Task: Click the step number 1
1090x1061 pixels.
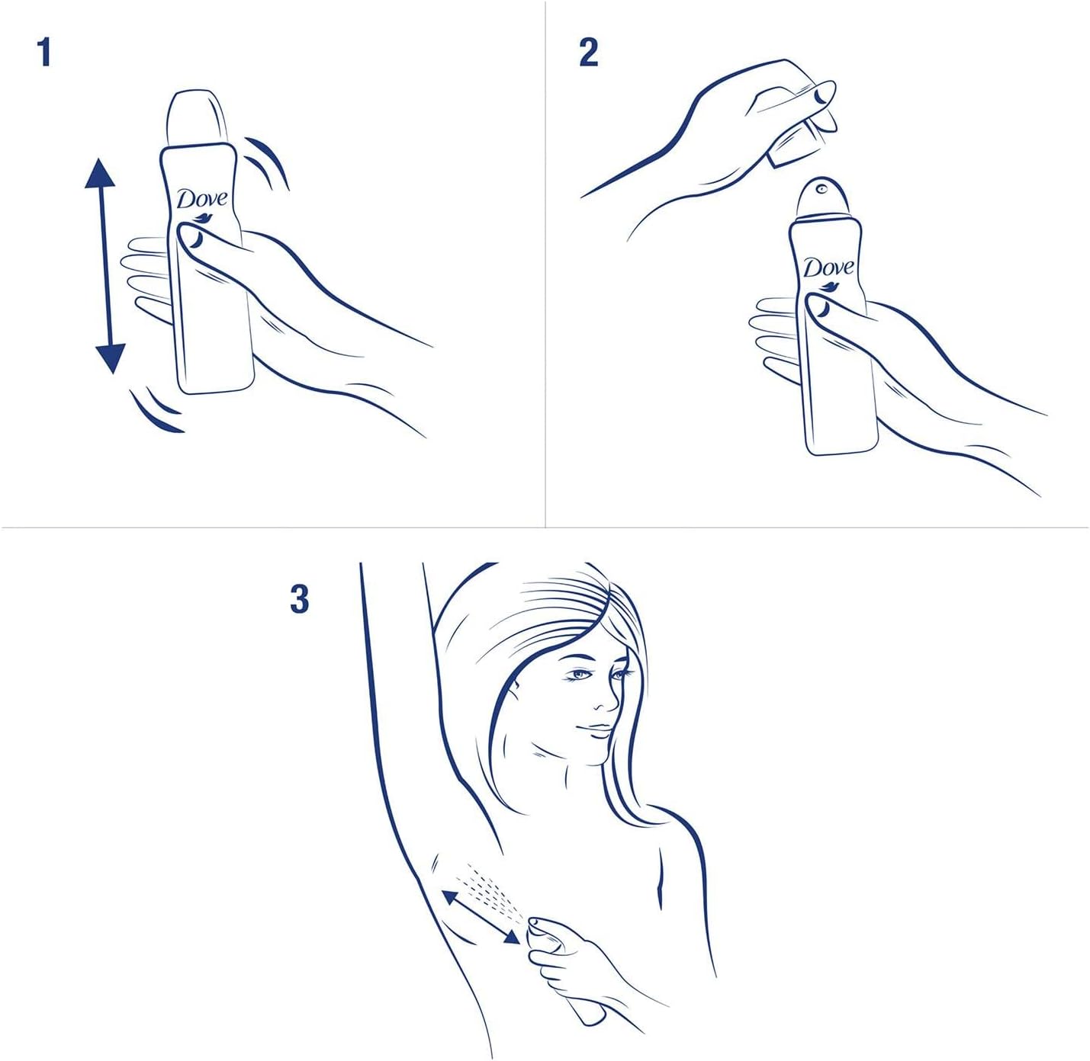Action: (x=44, y=53)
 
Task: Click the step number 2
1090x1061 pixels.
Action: (x=588, y=53)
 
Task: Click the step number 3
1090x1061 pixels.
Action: (x=300, y=598)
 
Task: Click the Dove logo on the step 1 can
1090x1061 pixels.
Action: (x=202, y=200)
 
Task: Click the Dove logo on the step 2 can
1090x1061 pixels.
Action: (x=828, y=269)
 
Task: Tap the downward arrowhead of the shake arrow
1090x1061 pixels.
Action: (x=110, y=357)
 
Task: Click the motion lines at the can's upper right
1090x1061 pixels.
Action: (x=267, y=160)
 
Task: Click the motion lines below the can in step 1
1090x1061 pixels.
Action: (x=156, y=412)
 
